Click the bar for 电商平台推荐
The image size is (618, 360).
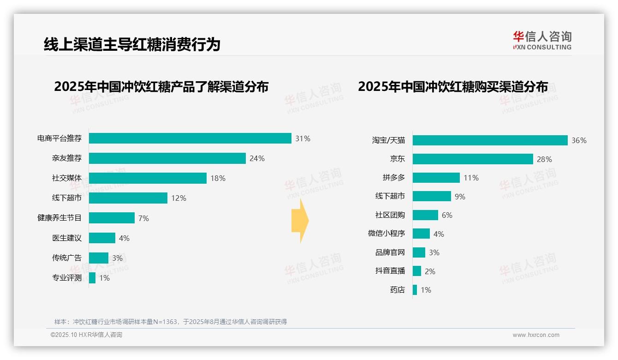pos(190,138)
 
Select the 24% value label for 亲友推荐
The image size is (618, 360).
pos(257,158)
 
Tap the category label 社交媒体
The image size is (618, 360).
pos(67,178)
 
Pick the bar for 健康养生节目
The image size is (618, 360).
pos(112,218)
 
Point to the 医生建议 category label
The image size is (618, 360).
pos(67,238)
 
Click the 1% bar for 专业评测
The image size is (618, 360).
pos(92,278)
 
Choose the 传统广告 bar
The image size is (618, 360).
pos(99,258)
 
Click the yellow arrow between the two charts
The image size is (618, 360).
pos(300,221)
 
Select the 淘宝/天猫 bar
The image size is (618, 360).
pos(490,140)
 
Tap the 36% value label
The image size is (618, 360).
pos(579,140)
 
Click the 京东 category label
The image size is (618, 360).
pos(398,159)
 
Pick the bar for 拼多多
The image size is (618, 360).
pos(436,178)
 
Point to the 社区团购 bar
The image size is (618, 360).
pos(425,215)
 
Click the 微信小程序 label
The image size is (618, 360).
pos(386,234)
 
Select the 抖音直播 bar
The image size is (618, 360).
pos(417,271)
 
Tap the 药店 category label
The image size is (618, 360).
pos(398,290)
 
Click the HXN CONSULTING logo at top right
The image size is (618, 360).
pos(542,41)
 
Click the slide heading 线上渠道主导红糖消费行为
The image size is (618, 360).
pos(132,44)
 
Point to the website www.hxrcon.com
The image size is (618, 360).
pos(536,335)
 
